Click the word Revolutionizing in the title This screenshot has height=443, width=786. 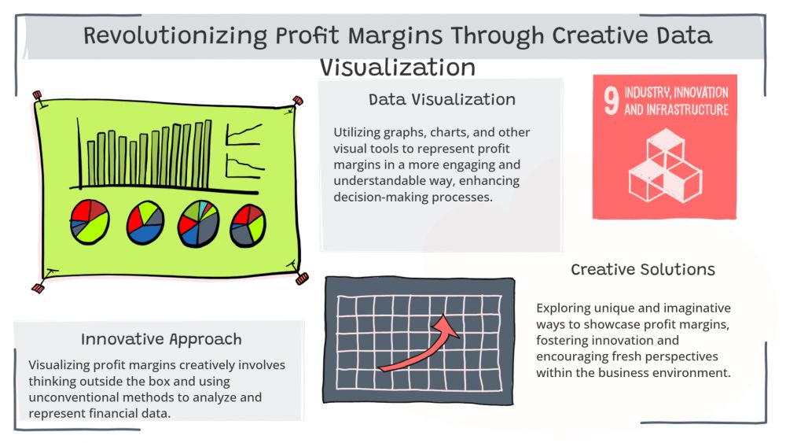pos(175,36)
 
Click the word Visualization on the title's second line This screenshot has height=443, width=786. pos(398,67)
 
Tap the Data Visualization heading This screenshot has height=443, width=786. pos(442,99)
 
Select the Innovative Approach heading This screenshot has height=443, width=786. pos(161,339)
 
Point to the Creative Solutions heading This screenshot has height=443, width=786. pos(643,269)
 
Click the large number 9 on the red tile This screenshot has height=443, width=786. pos(611,101)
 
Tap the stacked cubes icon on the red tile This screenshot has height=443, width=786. pos(665,165)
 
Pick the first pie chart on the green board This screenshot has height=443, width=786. pos(90,222)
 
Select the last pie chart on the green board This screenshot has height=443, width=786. pos(248,225)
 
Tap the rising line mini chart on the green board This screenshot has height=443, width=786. pos(244,134)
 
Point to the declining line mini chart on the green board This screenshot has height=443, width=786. pos(244,166)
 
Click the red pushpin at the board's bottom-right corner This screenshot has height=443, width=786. pos(302,279)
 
